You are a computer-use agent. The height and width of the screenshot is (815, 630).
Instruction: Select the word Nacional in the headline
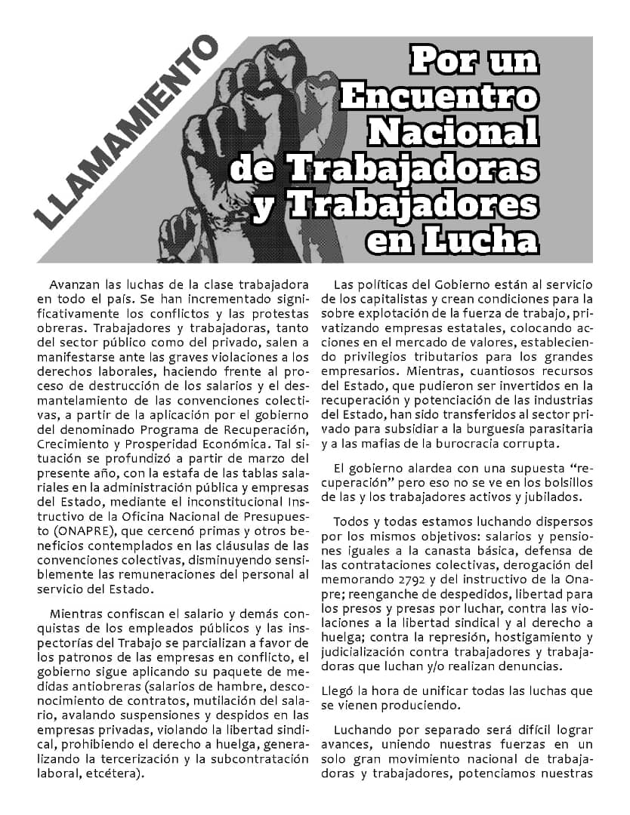(x=453, y=130)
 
